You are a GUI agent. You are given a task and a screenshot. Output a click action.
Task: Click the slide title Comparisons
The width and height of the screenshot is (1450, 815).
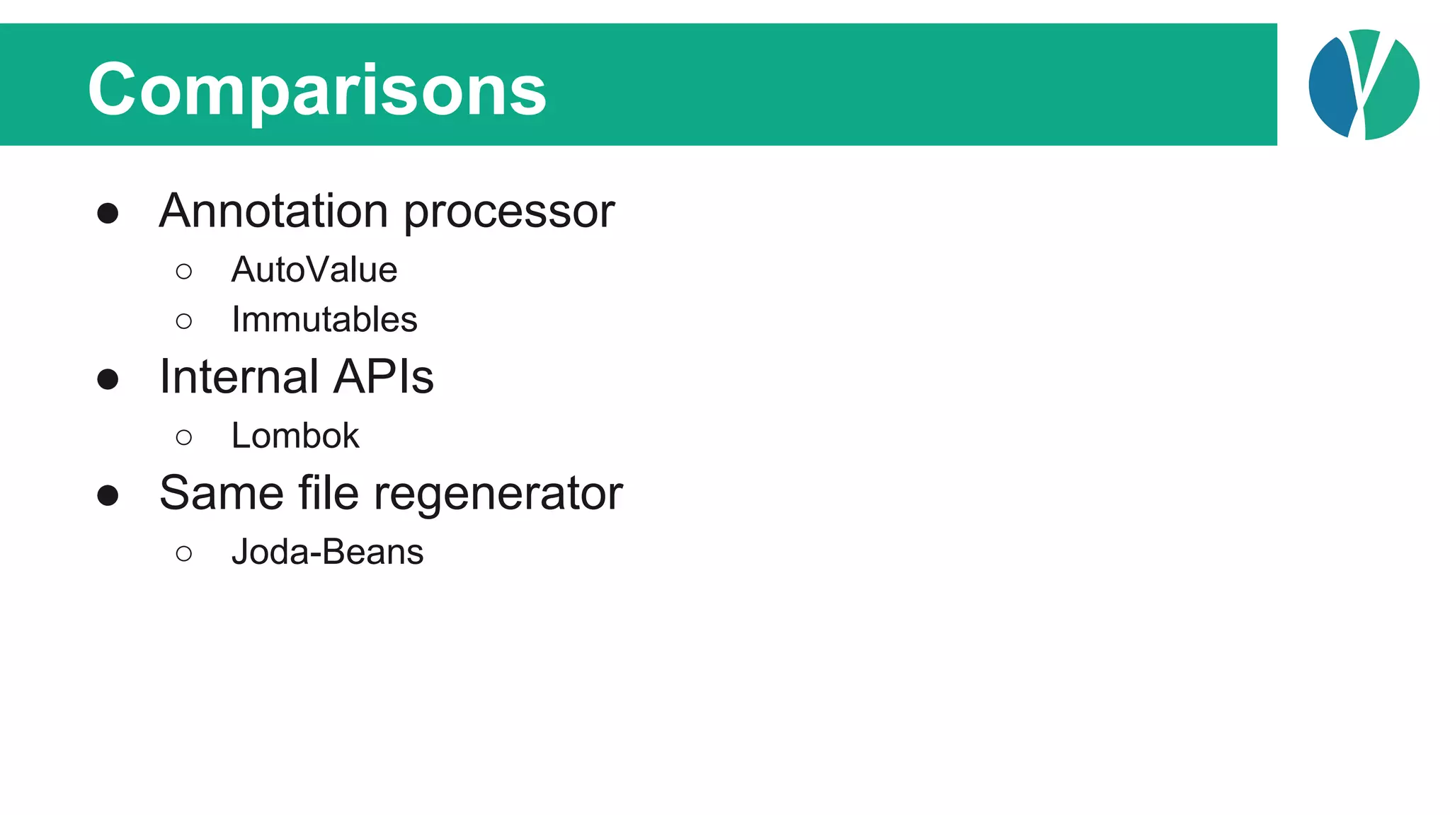[x=316, y=90]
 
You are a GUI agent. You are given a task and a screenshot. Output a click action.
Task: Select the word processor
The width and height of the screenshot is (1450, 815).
[x=509, y=212]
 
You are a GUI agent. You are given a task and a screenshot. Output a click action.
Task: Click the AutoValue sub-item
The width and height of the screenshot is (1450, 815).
[x=314, y=270]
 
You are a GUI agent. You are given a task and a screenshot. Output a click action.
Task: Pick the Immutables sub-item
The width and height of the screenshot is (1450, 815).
[x=324, y=320]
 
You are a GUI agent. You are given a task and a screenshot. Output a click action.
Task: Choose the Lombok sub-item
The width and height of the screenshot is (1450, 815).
[x=295, y=436]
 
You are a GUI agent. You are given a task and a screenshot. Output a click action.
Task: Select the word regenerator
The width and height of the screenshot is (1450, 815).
[x=498, y=494]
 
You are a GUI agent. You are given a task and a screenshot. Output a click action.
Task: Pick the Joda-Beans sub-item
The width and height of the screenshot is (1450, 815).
[x=327, y=552]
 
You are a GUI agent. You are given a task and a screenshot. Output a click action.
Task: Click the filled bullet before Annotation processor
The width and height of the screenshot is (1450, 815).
[x=108, y=213]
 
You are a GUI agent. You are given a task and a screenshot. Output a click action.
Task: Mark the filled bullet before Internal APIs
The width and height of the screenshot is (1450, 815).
[x=108, y=379]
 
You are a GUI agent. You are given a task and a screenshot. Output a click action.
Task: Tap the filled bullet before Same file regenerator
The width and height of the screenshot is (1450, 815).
[x=108, y=495]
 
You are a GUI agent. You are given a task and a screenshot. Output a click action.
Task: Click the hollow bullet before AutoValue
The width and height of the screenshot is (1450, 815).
[x=184, y=272]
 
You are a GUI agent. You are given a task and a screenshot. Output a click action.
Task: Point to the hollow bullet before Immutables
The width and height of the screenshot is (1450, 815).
[x=184, y=322]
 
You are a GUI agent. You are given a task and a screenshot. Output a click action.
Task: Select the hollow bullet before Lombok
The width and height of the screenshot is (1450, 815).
[x=184, y=438]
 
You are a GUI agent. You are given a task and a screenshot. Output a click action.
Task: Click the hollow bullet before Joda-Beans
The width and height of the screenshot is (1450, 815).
[x=184, y=554]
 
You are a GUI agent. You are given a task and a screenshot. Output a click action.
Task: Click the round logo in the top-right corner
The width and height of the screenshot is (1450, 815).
[x=1364, y=85]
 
